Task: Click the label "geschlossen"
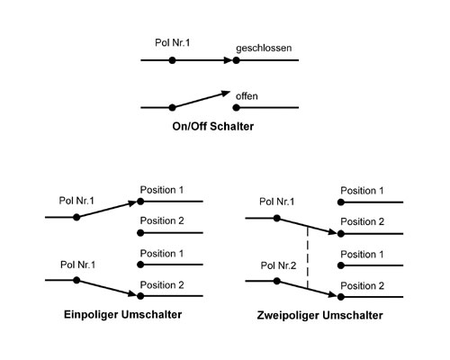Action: (x=264, y=49)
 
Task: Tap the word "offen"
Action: (x=247, y=96)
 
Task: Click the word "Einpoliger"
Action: (x=92, y=315)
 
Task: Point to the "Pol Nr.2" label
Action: (x=278, y=265)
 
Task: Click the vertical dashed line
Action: (x=308, y=258)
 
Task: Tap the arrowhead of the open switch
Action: (x=226, y=94)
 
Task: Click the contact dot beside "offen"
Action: (x=237, y=107)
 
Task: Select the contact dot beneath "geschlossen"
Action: (x=237, y=60)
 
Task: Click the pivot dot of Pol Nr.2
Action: (x=277, y=281)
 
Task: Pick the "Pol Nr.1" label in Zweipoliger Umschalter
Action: (x=277, y=202)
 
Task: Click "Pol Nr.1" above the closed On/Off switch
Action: (x=173, y=42)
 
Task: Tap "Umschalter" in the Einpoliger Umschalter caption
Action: (x=152, y=315)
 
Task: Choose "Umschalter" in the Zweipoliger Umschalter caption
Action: (x=353, y=316)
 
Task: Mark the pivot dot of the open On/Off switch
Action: (x=172, y=107)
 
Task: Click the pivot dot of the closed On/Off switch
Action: (x=172, y=60)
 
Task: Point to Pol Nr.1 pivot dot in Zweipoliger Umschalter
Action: (x=277, y=218)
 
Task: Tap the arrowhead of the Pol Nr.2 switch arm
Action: (x=332, y=294)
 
